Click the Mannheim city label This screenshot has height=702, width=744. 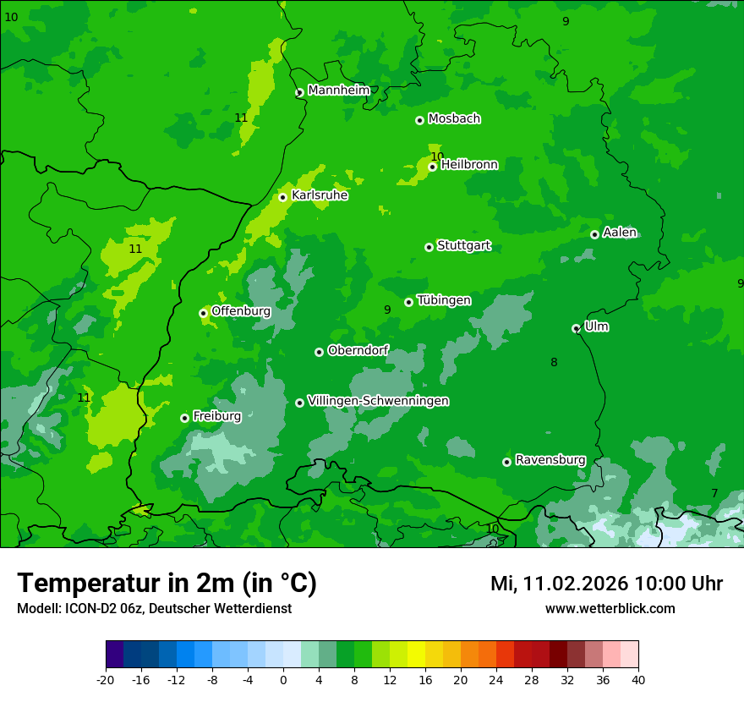coord(338,90)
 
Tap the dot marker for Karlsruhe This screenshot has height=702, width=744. coord(283,197)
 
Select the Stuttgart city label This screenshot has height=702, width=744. coord(463,246)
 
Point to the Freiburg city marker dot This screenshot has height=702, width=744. coord(184,418)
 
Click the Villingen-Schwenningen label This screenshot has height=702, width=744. coord(378,401)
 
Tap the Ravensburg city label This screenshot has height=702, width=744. coord(550,460)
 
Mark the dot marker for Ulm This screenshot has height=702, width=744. coord(576,328)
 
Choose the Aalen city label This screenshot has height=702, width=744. coord(619,233)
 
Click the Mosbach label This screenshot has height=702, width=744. coord(454,119)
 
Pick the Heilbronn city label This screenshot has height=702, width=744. coord(469,165)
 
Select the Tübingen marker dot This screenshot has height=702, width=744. coord(409,302)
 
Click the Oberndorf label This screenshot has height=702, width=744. coord(358,350)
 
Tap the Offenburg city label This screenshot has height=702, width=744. coord(241,311)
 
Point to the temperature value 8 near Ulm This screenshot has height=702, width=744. coord(554,363)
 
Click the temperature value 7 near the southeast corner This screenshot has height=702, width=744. coord(714,493)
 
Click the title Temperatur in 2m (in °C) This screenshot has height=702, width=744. coord(167,583)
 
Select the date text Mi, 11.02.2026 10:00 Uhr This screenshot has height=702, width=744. coord(606,584)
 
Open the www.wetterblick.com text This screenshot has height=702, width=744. coord(610,608)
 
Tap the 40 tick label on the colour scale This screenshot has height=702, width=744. coord(638,679)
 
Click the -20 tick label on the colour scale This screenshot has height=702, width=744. coord(106,679)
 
